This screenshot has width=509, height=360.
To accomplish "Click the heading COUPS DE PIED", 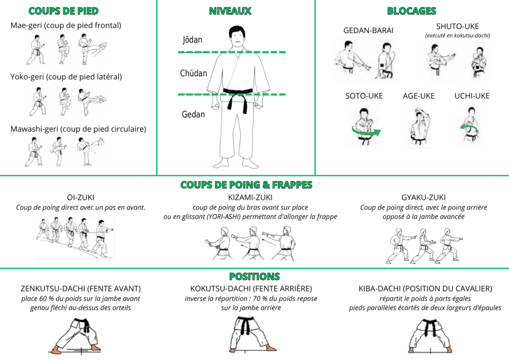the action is pyautogui.click(x=63, y=11).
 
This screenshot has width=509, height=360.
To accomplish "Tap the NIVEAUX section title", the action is pyautogui.click(x=230, y=11).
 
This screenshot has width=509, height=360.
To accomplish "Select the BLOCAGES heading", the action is pyautogui.click(x=411, y=11).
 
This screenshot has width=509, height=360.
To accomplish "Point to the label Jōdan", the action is pyautogui.click(x=192, y=40).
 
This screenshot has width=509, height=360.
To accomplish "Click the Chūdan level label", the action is pyautogui.click(x=193, y=73).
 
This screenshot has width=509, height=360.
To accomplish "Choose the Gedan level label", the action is pyautogui.click(x=193, y=114).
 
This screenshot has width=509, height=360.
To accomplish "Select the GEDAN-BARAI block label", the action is pyautogui.click(x=368, y=30).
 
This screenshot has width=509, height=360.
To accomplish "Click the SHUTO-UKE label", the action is pyautogui.click(x=457, y=26).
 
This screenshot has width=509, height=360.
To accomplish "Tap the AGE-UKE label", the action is pyautogui.click(x=419, y=96).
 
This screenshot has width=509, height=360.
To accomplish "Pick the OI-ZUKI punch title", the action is pyautogui.click(x=81, y=197).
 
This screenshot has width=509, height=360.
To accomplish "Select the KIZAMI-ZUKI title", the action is pyautogui.click(x=251, y=197).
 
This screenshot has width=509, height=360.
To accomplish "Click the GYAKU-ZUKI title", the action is pyautogui.click(x=424, y=197).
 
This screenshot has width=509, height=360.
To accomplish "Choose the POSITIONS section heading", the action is pyautogui.click(x=254, y=276).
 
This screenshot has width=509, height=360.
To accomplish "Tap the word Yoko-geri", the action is pyautogui.click(x=27, y=77).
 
